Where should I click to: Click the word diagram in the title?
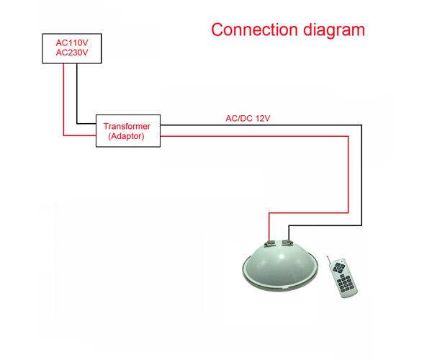334,31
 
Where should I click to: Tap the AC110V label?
72,42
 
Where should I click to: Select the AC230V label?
72,53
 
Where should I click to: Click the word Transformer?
127,126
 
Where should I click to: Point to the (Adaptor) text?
126,136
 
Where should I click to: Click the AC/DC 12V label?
248,118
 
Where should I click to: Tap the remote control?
342,277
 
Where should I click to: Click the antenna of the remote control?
329,261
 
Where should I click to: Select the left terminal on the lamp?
269,243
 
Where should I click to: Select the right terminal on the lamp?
287,243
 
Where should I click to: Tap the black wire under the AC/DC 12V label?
261,125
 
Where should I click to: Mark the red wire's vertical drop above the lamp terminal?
269,227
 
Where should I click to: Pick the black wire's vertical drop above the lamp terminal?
289,233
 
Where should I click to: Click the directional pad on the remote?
338,267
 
